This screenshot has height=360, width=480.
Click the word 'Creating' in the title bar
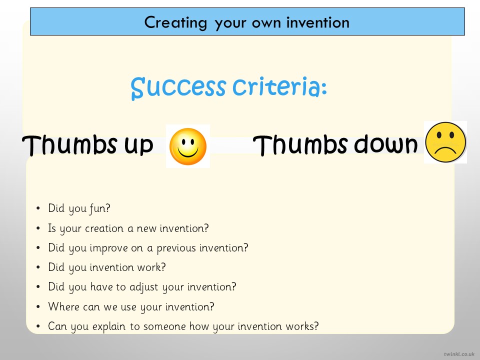tap(175, 23)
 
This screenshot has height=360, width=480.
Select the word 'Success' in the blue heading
tap(178, 87)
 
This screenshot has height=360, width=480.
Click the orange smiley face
tap(188, 146)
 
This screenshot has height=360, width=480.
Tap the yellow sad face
tap(445, 142)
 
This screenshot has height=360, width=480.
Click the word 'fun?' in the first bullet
tap(100, 208)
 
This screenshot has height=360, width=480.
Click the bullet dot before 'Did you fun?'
tap(38, 208)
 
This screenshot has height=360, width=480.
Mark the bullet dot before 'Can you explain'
tap(38, 326)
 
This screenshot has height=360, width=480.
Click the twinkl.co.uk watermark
tap(459, 354)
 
